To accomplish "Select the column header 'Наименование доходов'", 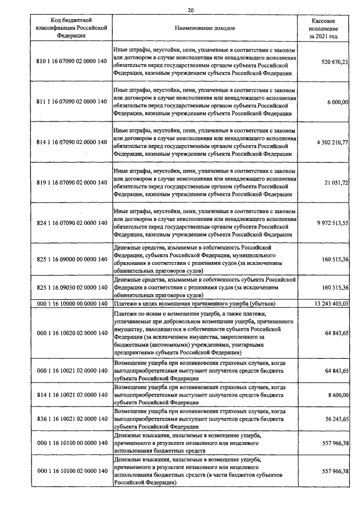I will click(x=205, y=28).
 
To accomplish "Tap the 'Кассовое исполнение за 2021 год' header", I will click(x=323, y=28).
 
